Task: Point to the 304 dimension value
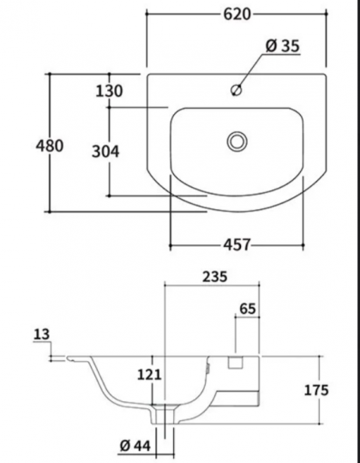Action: (106, 152)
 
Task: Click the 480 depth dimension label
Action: (50, 146)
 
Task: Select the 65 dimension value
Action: (247, 309)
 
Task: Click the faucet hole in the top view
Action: (239, 88)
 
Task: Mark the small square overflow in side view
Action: (233, 364)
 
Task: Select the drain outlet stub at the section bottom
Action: (165, 417)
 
